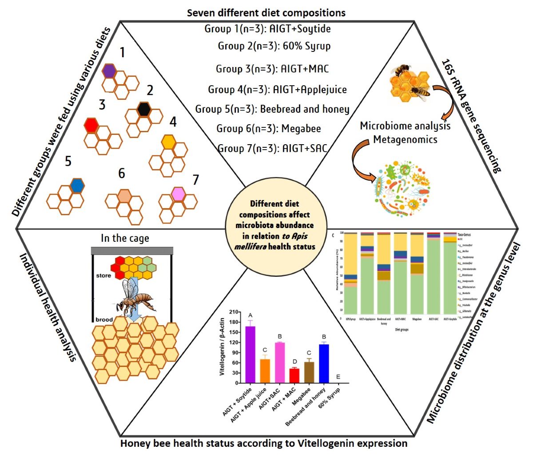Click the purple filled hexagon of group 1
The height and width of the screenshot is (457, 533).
pyautogui.click(x=109, y=71)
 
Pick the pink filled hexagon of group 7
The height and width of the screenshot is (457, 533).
pyautogui.click(x=179, y=194)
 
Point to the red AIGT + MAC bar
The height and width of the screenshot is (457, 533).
pyautogui.click(x=294, y=375)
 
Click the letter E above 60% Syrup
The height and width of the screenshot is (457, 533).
pyautogui.click(x=339, y=377)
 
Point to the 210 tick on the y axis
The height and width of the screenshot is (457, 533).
pyautogui.click(x=235, y=312)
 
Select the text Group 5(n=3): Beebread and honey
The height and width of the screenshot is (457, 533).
pyautogui.click(x=272, y=109)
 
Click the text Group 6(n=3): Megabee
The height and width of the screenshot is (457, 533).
pyautogui.click(x=269, y=129)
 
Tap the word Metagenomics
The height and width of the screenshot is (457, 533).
pyautogui.click(x=405, y=139)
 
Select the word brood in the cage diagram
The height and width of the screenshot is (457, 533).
pyautogui.click(x=104, y=319)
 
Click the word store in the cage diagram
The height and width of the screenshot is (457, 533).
pyautogui.click(x=103, y=276)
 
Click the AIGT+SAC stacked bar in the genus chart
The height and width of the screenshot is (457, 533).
pyautogui.click(x=434, y=275)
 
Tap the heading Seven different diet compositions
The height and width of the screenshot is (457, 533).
pyautogui.click(x=266, y=12)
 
